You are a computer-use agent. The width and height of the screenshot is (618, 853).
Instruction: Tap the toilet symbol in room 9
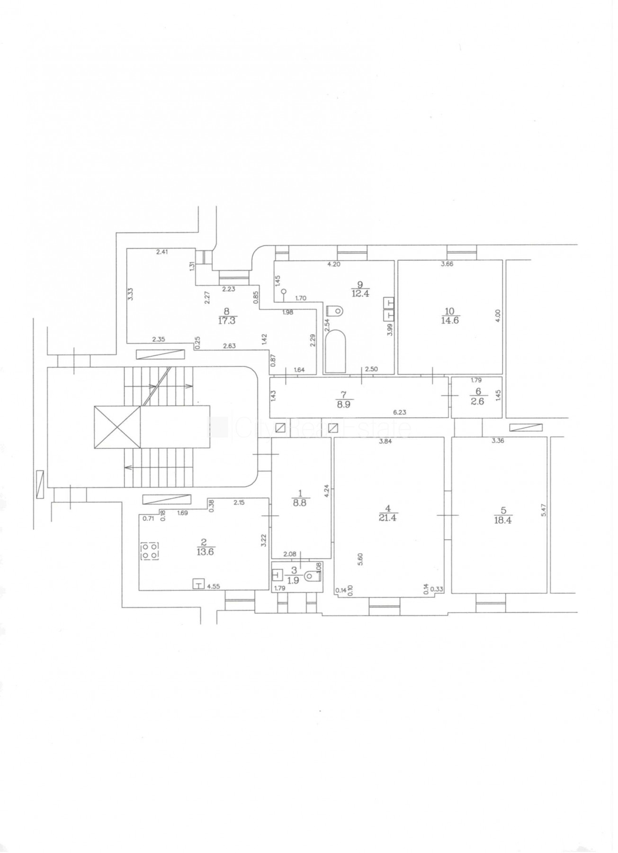pyautogui.click(x=334, y=311)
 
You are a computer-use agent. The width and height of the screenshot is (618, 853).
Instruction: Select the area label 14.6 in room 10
pyautogui.click(x=449, y=320)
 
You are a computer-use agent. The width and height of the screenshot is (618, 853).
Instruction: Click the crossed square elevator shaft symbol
pyautogui.click(x=117, y=426)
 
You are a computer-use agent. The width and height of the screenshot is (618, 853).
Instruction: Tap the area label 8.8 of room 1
pyautogui.click(x=300, y=503)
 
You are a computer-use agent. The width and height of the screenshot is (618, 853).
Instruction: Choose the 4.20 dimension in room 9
pyautogui.click(x=334, y=264)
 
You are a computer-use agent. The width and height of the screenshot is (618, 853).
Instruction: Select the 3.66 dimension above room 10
pyautogui.click(x=447, y=264)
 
